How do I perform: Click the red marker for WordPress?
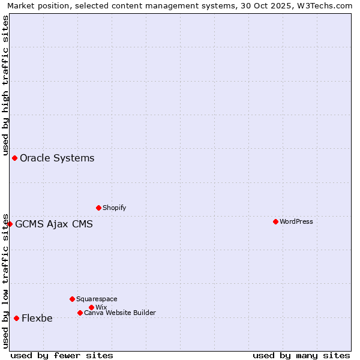[275, 222]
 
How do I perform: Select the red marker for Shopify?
[98, 208]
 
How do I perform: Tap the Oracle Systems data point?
[14, 158]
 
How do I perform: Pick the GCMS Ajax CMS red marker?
[10, 224]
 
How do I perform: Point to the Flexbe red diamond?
[16, 319]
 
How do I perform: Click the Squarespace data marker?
[72, 299]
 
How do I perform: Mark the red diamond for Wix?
[91, 308]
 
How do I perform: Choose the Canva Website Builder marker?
[80, 313]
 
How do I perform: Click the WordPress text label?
[296, 222]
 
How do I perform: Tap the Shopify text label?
[115, 208]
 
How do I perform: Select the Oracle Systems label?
[57, 158]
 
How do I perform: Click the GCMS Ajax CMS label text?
[54, 224]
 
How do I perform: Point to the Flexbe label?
[37, 319]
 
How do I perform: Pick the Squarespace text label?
[97, 299]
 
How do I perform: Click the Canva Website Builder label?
[120, 313]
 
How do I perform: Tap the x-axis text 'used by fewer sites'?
[62, 355]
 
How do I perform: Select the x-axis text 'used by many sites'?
[301, 355]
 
